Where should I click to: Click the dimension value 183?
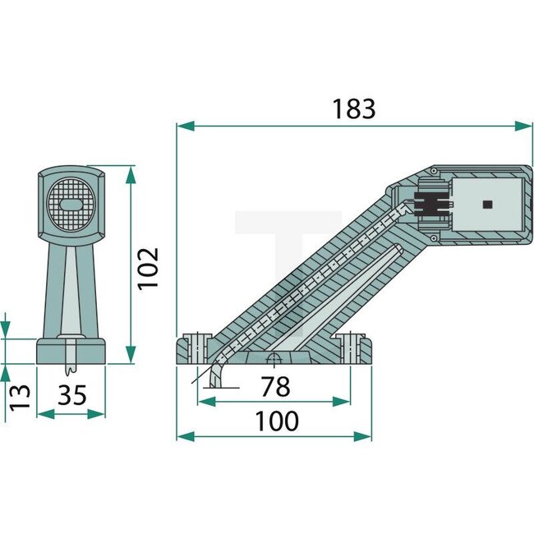click(x=354, y=108)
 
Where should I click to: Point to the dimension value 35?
click(x=72, y=395)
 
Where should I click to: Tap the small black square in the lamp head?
click(x=486, y=203)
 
